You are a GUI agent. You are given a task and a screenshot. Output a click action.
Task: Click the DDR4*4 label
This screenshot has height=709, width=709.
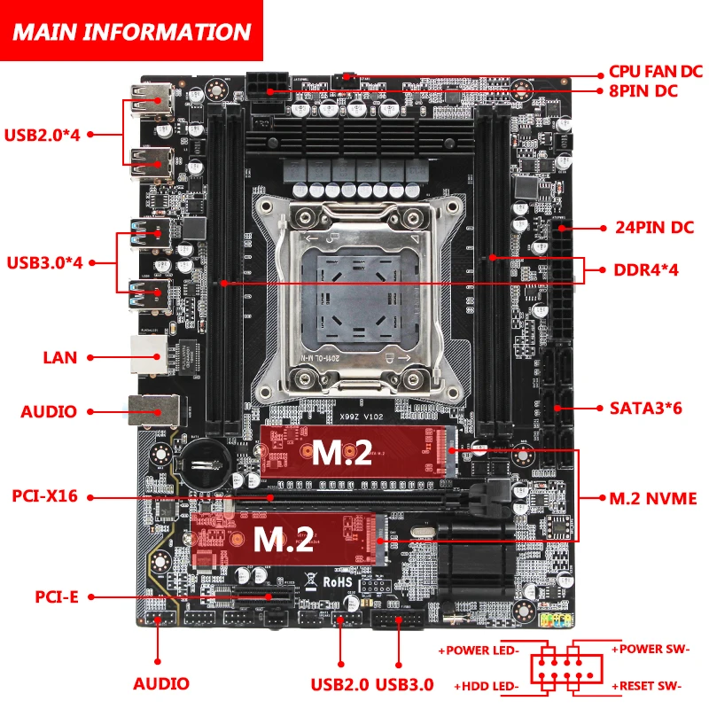click(x=646, y=269)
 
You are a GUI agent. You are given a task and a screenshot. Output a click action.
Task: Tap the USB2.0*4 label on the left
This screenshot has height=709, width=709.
click(x=43, y=135)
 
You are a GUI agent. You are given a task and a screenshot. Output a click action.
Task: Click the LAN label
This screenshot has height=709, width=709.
click(x=60, y=358)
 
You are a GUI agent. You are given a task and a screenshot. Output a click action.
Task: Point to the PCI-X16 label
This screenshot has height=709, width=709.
click(x=45, y=496)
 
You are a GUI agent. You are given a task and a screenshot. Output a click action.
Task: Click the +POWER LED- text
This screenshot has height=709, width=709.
click(x=479, y=651)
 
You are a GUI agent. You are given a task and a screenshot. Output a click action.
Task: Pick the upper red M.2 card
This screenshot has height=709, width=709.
click(x=359, y=453)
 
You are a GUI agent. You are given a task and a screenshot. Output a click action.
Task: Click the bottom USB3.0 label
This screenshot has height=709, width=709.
click(x=405, y=683)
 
